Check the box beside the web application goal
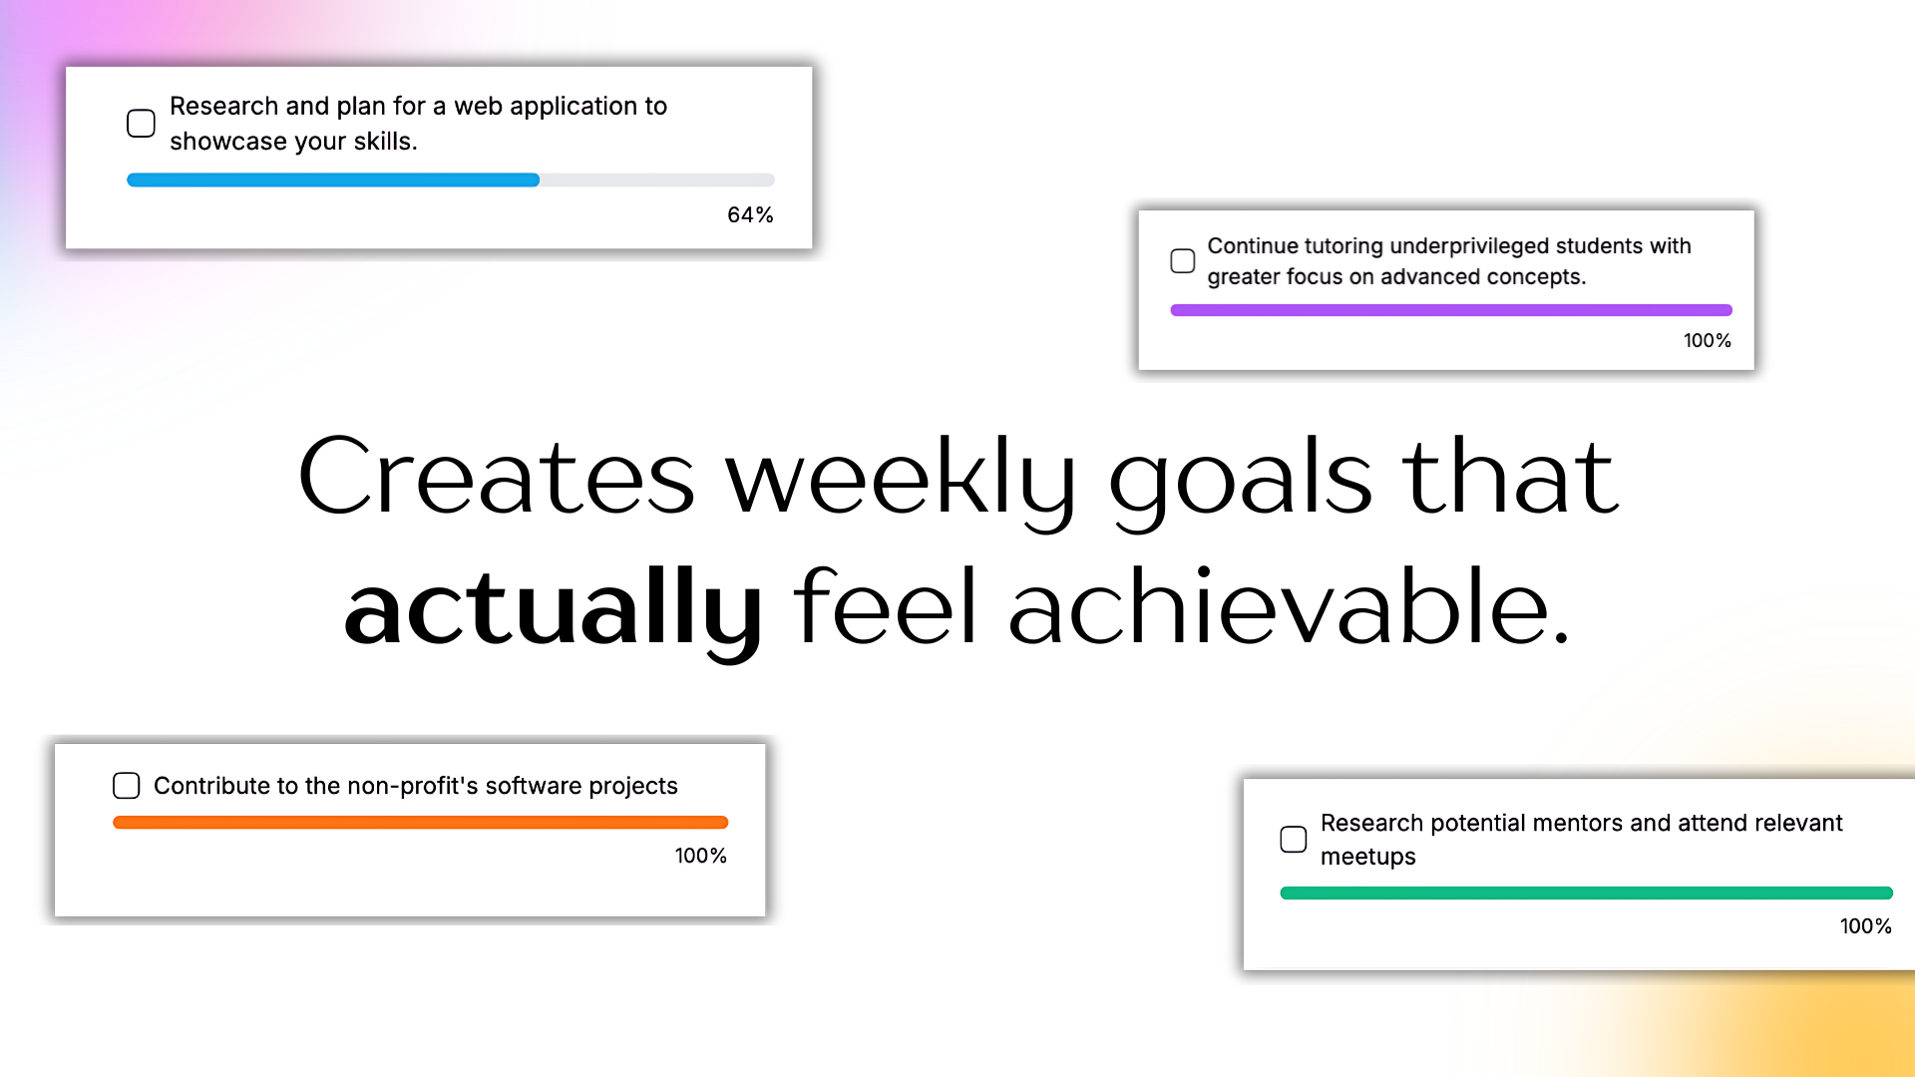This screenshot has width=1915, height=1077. pos(141,124)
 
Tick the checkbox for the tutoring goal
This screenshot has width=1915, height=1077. pos(1182,261)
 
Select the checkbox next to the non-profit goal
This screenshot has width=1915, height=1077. pos(127,786)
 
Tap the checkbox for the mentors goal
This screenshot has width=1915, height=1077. pos(1294,840)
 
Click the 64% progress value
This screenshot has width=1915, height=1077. pos(750,215)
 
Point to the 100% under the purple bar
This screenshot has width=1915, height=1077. pos(1708,341)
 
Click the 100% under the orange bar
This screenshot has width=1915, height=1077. pos(701,856)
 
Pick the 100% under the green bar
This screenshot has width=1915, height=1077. pos(1866,926)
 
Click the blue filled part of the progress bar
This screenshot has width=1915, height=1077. pos(333,180)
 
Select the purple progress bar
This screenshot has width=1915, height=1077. pos(1451,310)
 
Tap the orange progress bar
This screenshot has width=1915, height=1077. pos(421,823)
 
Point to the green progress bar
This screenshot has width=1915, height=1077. pos(1586,894)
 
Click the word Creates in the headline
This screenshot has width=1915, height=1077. pos(496,477)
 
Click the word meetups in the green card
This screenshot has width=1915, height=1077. pos(1367,858)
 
